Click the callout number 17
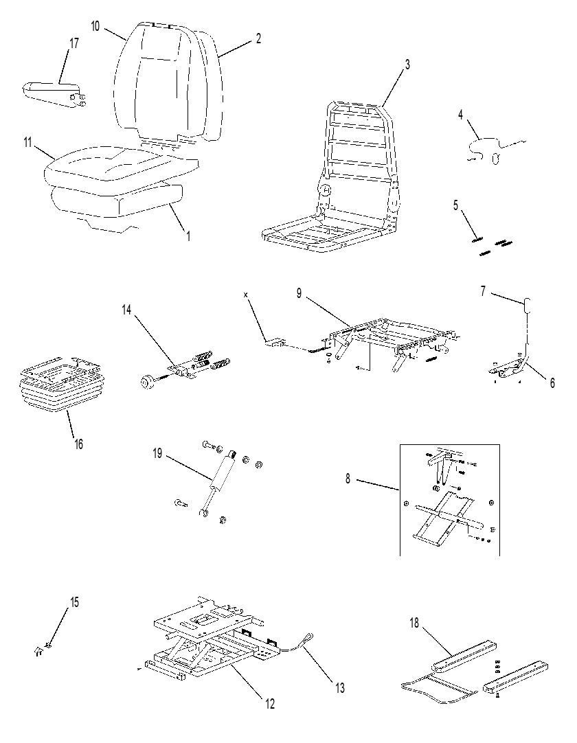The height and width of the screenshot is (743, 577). pos(74,43)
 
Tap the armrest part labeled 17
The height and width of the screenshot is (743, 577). pos(54,94)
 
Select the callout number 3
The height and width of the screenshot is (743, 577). pos(407,65)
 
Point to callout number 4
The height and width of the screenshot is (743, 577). pos(460,115)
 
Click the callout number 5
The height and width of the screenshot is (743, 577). pos(455,205)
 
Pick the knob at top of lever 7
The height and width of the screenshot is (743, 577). pos(528,306)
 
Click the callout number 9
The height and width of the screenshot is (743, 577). pos(299,293)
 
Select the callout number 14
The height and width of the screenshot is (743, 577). pos(126,310)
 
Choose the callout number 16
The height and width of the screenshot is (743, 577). pos(79,444)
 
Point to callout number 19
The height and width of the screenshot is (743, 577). pos(157,453)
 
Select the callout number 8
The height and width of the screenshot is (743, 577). pos(348,479)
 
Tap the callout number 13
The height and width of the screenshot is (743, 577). pos(340,687)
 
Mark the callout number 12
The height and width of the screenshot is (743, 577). pos(270,704)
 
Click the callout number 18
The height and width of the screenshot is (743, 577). pos(414,623)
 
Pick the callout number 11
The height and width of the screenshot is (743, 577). pos(27,141)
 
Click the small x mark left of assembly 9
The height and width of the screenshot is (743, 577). pos(246,295)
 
